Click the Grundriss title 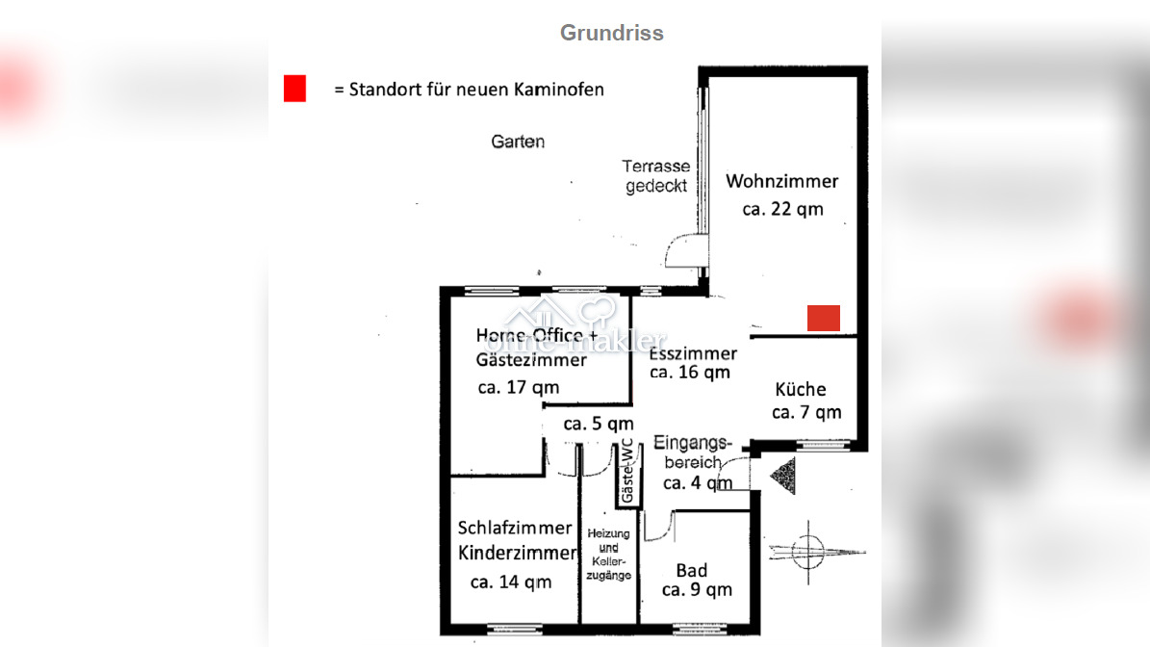[x=612, y=33]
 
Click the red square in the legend [x=294, y=89]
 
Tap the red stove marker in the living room [x=824, y=319]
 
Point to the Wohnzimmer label [x=781, y=181]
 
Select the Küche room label [x=800, y=390]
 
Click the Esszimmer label [x=693, y=353]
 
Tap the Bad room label [x=692, y=571]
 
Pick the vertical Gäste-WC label [x=627, y=471]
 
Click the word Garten [x=518, y=142]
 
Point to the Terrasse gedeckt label [x=656, y=176]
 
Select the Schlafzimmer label [x=515, y=529]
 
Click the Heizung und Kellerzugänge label [x=609, y=555]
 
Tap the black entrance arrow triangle [x=783, y=476]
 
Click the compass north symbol [x=808, y=552]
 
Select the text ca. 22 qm [x=782, y=210]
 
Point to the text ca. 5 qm [x=599, y=424]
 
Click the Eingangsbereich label [x=692, y=453]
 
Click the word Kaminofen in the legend [x=559, y=90]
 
